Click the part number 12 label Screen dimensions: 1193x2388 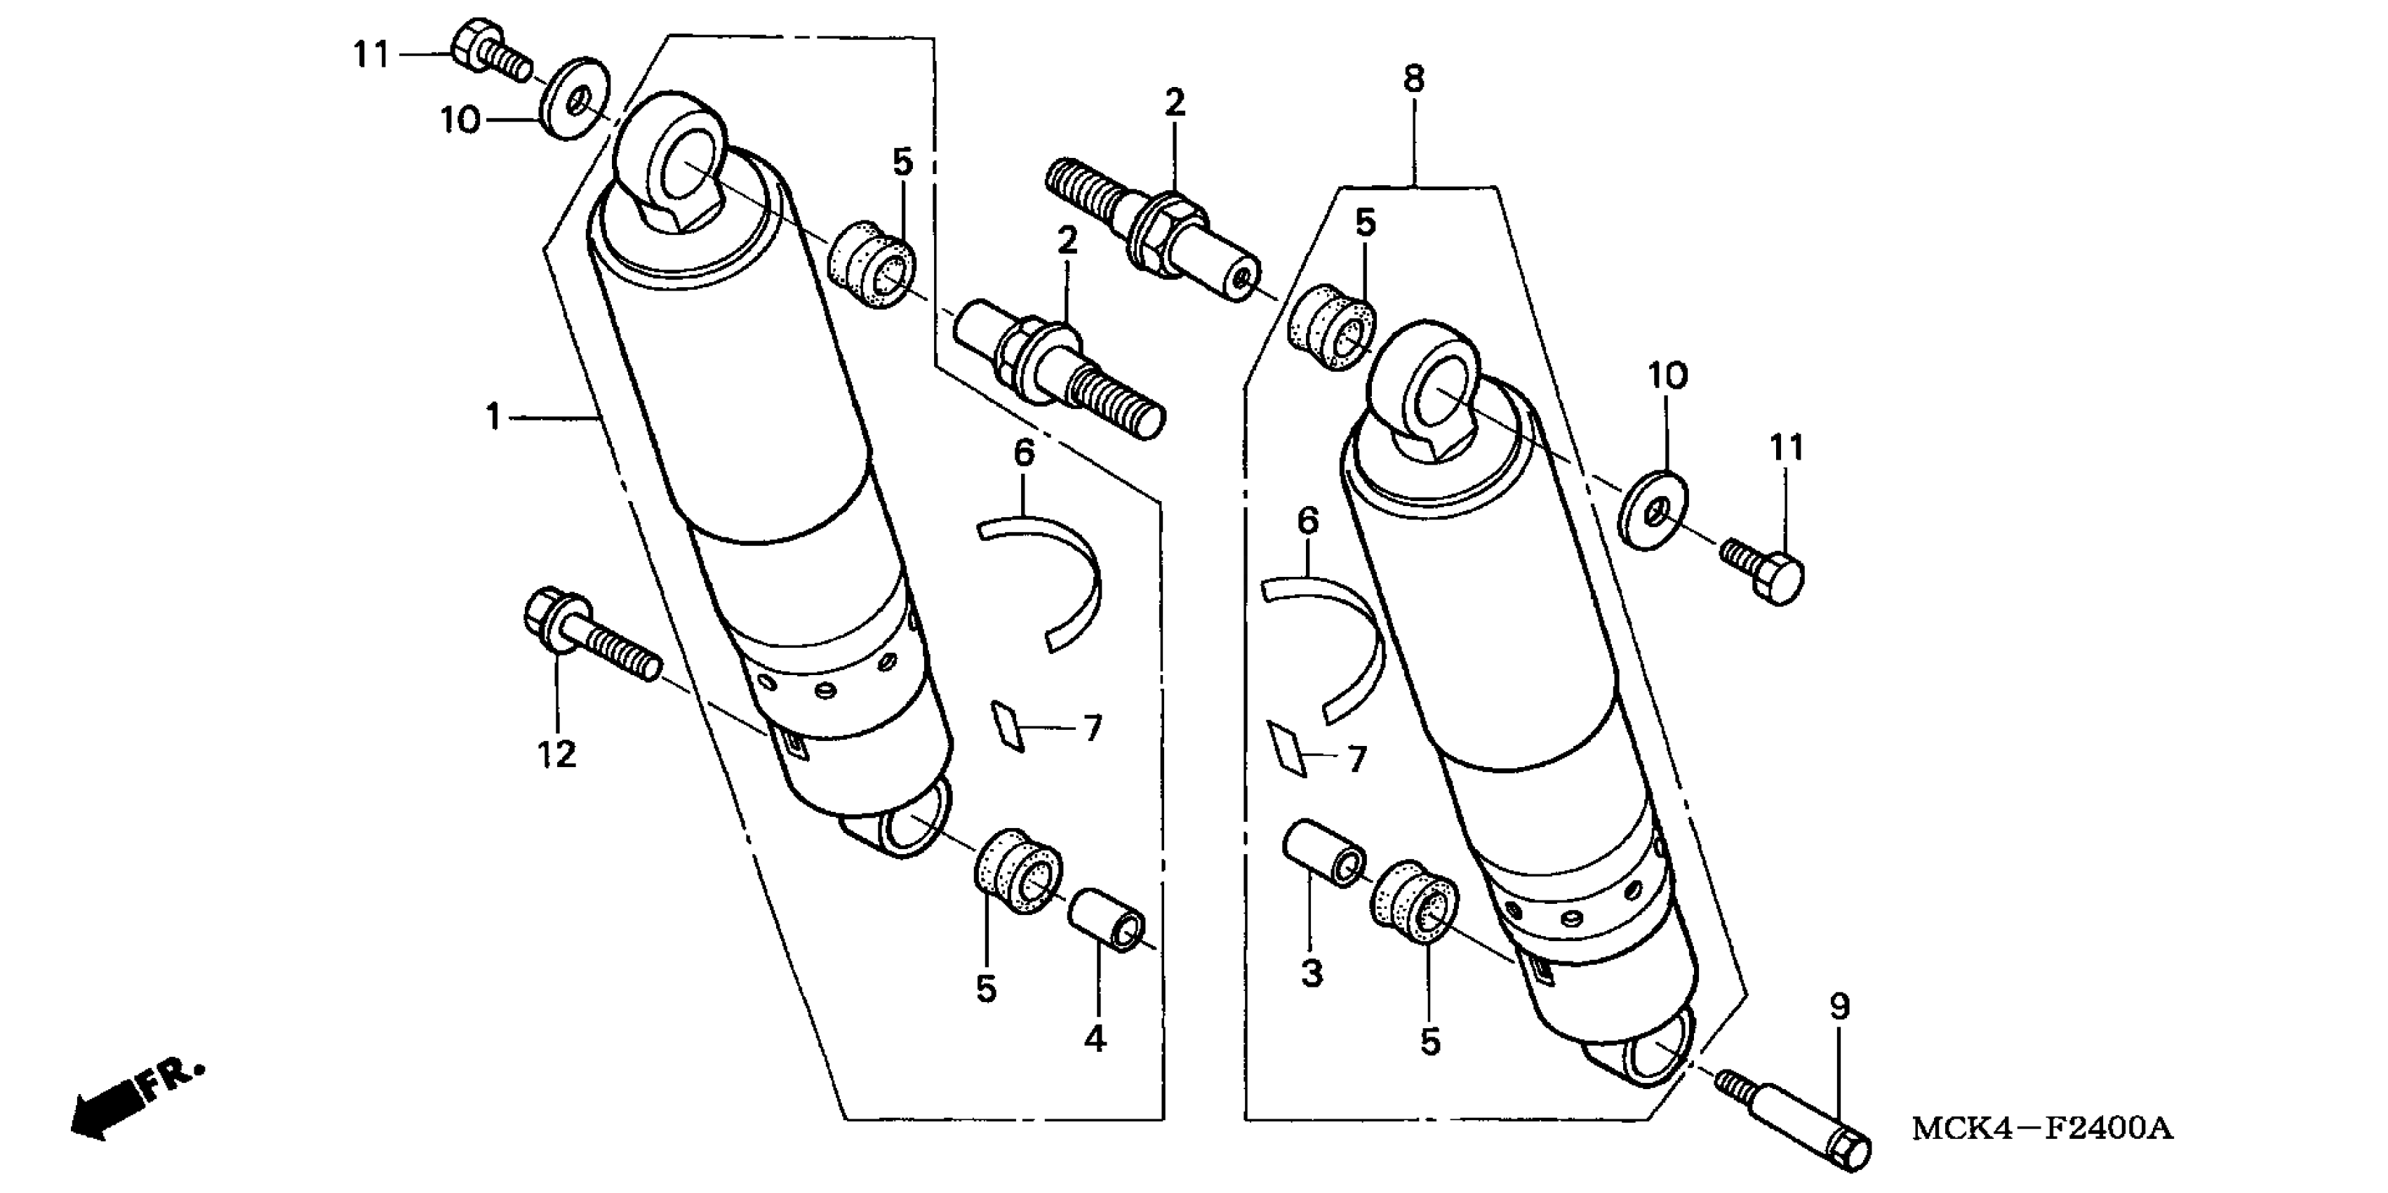pyautogui.click(x=556, y=754)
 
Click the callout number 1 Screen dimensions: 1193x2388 pyautogui.click(x=493, y=417)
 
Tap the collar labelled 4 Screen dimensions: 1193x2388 pyautogui.click(x=1109, y=919)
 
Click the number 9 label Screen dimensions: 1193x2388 pyautogui.click(x=1840, y=1006)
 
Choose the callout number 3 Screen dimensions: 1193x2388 pyautogui.click(x=1311, y=974)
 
